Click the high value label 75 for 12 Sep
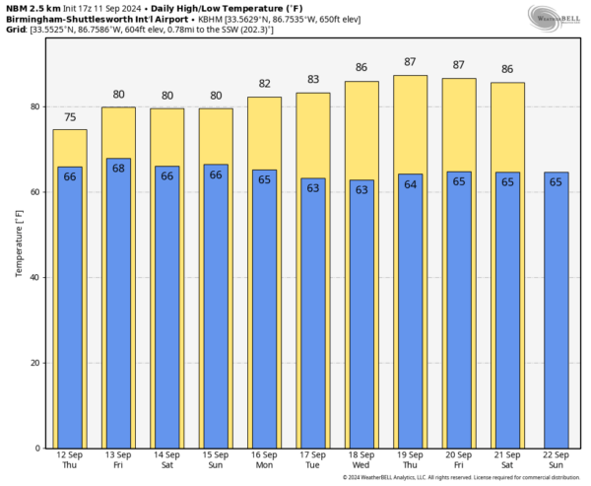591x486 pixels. (x=69, y=118)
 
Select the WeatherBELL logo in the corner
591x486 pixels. (x=555, y=17)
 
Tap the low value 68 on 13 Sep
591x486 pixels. (x=118, y=168)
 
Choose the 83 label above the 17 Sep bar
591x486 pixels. (x=312, y=81)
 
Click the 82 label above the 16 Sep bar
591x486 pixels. (x=264, y=85)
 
